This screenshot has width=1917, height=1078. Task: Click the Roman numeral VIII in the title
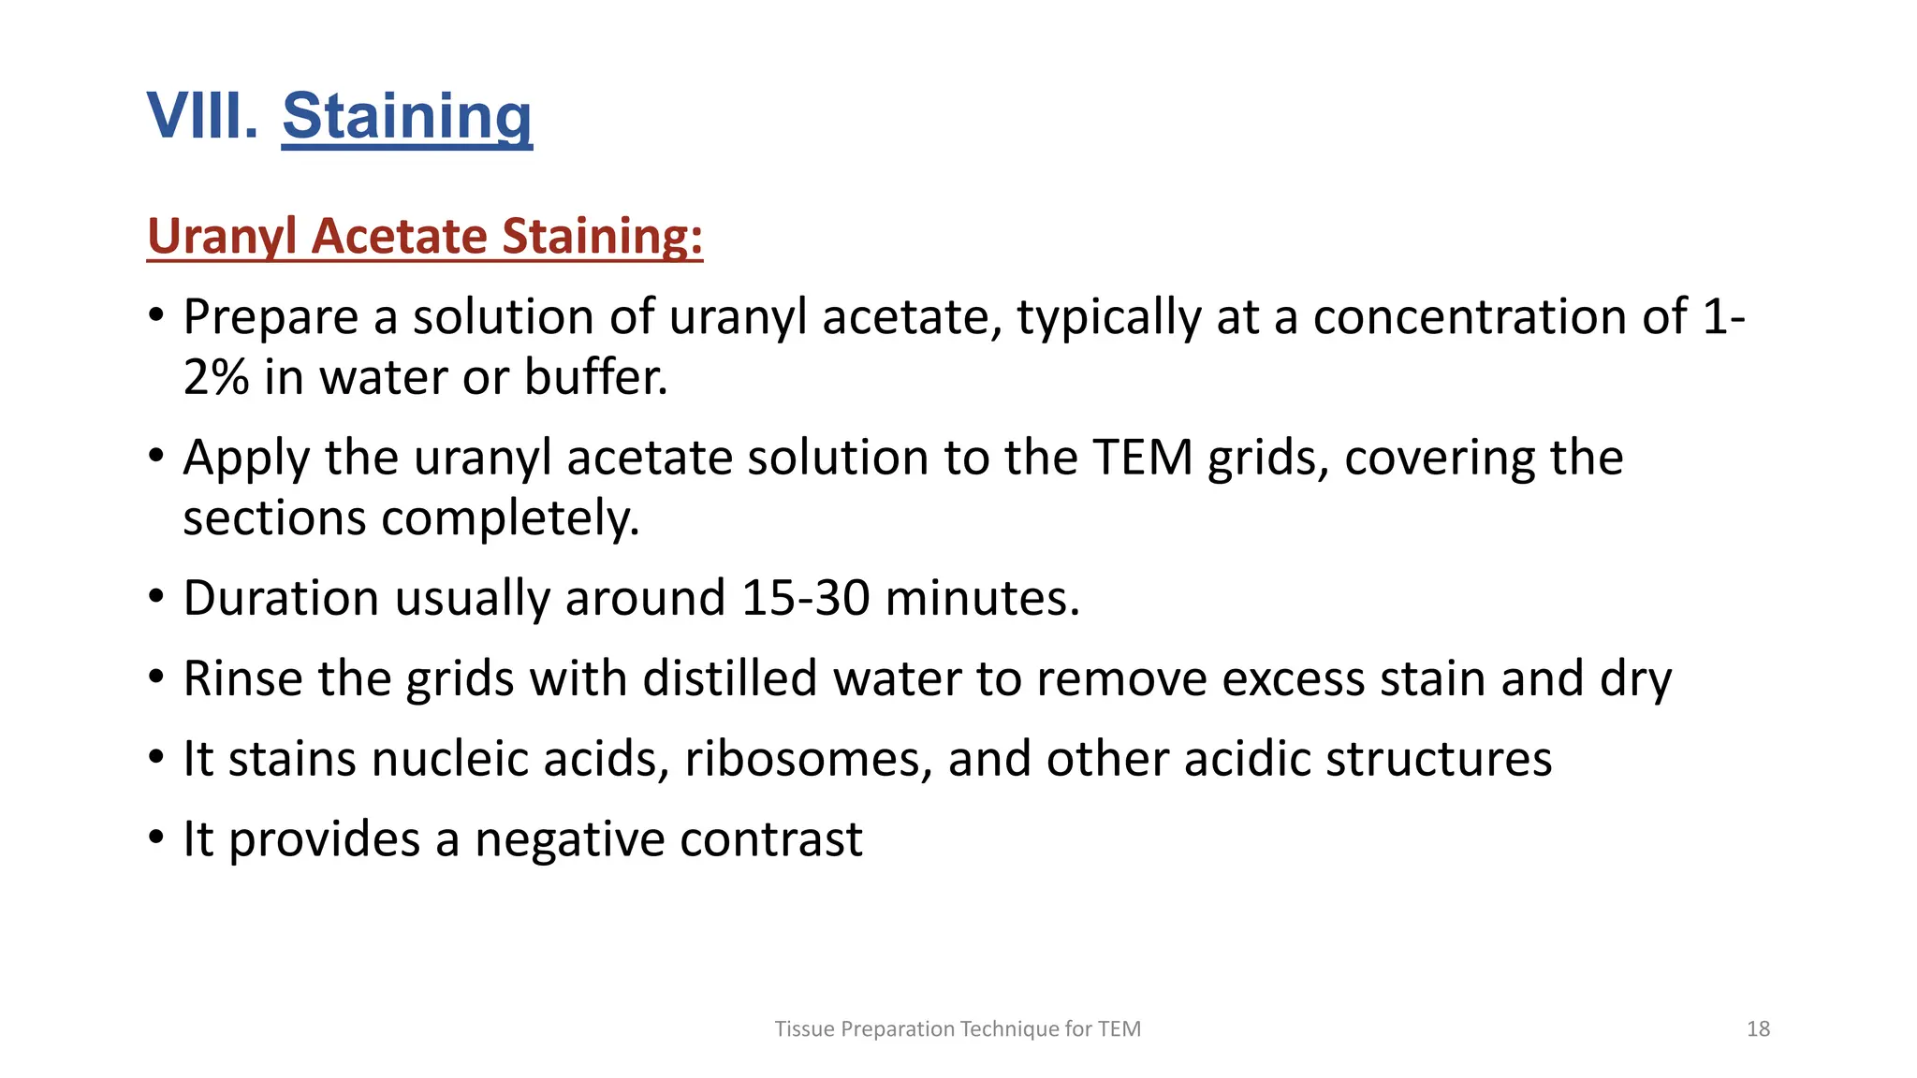202,116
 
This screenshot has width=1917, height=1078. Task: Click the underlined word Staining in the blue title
407,116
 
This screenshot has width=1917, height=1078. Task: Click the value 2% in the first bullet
216,377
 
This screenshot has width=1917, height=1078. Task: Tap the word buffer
595,377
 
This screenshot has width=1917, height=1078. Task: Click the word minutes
982,598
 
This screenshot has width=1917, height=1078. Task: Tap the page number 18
1758,1029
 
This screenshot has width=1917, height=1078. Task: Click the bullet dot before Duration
156,596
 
